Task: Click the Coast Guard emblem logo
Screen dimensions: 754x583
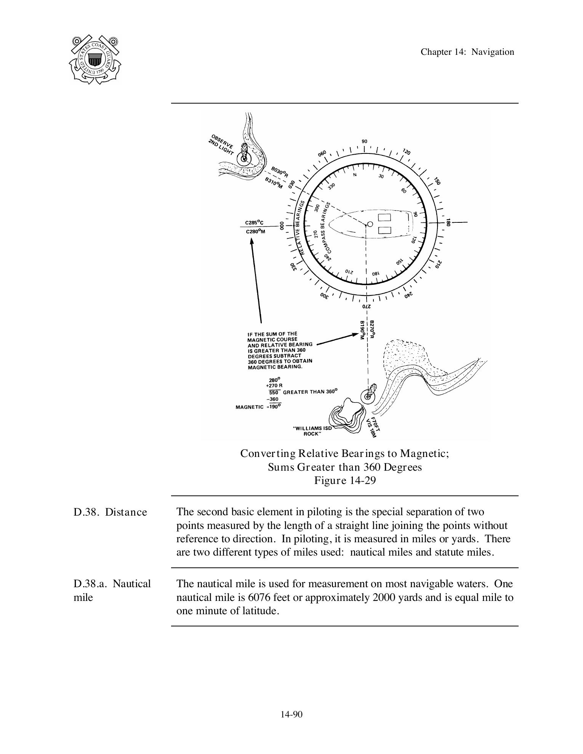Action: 95,60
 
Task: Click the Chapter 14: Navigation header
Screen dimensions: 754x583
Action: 467,52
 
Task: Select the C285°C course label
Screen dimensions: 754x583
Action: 255,222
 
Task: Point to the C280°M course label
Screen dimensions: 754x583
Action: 255,231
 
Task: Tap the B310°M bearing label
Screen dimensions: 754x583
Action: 274,183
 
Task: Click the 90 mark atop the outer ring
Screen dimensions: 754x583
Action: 364,141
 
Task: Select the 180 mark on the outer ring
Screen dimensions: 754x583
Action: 448,222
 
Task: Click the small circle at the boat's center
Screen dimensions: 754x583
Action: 370,224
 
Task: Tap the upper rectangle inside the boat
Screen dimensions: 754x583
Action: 384,218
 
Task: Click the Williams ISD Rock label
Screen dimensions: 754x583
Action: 312,431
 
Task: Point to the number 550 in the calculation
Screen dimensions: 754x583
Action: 274,392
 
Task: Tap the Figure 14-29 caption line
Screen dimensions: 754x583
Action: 344,481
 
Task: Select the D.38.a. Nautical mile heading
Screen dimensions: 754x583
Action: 112,590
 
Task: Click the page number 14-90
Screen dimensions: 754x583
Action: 291,714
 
